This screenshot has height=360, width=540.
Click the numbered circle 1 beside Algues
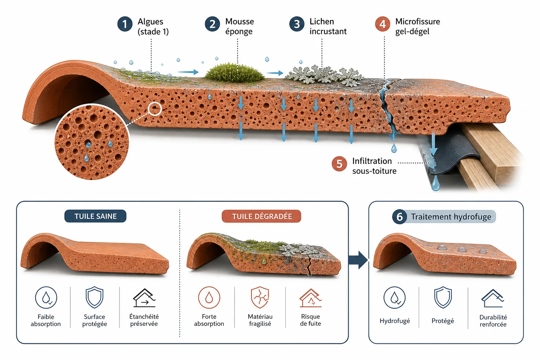click(125, 24)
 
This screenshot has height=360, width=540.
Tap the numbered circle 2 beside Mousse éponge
click(212, 24)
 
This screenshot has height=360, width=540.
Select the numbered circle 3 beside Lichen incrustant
click(297, 24)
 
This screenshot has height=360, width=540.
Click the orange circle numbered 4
click(382, 24)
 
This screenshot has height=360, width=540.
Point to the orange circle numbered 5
click(339, 164)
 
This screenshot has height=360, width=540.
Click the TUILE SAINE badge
click(96, 216)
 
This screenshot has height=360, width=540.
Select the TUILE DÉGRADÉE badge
click(262, 216)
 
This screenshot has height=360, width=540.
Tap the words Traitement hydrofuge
click(451, 217)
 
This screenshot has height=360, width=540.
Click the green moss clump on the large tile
click(234, 72)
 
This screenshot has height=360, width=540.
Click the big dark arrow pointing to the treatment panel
click(358, 260)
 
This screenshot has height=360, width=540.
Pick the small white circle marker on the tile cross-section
click(155, 109)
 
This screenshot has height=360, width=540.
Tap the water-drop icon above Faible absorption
click(46, 297)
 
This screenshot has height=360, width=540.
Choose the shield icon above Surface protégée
click(95, 297)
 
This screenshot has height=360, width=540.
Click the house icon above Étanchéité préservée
click(144, 298)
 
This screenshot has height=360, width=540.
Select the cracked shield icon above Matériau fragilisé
click(260, 297)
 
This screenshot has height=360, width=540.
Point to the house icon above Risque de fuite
click(311, 298)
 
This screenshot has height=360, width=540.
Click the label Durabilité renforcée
click(493, 321)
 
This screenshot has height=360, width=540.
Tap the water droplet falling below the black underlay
click(435, 184)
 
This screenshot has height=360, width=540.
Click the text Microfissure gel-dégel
click(418, 26)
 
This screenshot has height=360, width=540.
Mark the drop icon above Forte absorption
click(209, 297)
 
